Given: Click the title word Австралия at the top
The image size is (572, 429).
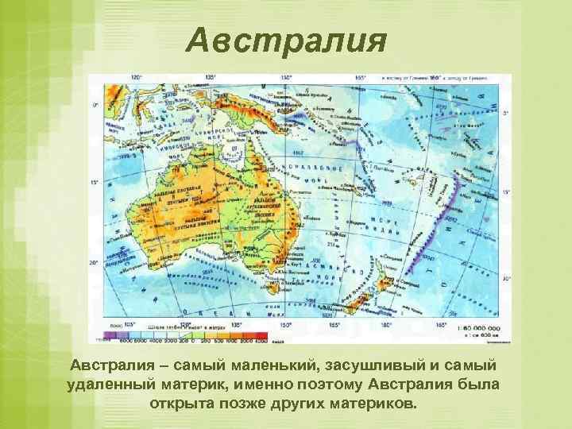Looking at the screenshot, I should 287,39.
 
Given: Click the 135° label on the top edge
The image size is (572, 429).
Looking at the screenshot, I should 210,78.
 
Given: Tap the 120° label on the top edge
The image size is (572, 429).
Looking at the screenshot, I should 136,78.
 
